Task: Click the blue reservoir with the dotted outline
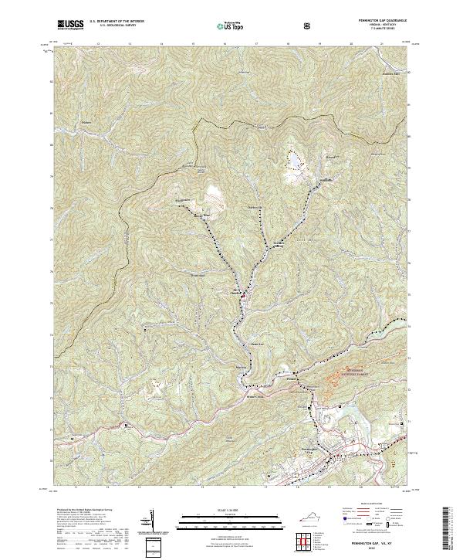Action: point(294,161)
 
